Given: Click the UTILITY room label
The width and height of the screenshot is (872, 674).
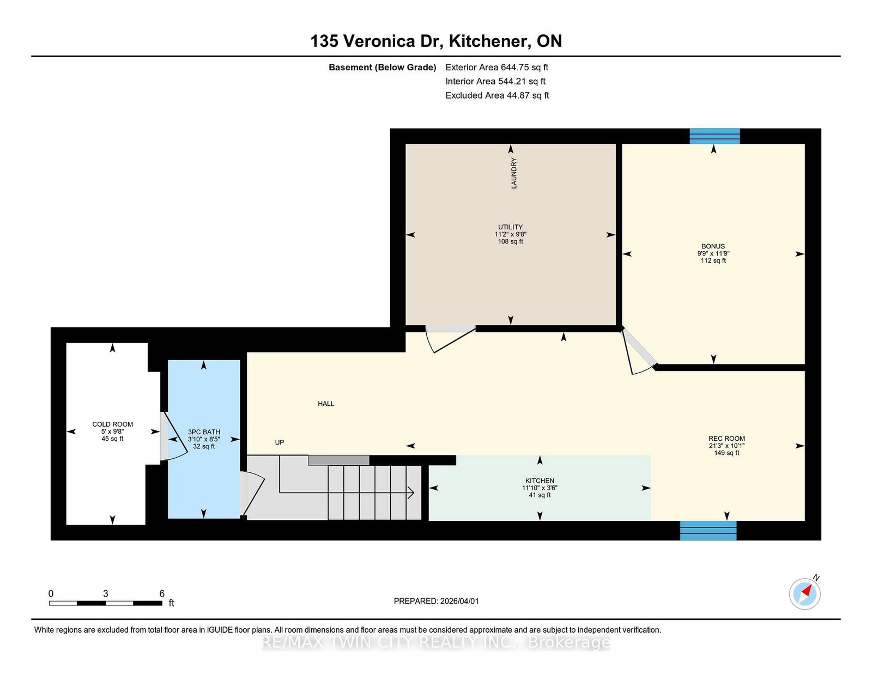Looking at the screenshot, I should (x=510, y=227).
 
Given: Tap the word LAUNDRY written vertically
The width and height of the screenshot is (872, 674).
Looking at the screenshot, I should (x=513, y=173).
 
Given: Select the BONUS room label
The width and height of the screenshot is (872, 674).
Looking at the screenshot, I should (x=713, y=246).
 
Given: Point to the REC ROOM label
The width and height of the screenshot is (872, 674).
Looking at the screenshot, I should (x=726, y=439).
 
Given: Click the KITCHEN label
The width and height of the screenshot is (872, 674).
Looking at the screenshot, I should (x=540, y=481).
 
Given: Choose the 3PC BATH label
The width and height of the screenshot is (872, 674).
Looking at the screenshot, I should (x=204, y=432).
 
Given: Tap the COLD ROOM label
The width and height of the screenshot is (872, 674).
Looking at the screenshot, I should (x=112, y=424).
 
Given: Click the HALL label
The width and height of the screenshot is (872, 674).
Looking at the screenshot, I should (x=326, y=404).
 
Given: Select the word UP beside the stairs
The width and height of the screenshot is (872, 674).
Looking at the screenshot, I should (x=280, y=442).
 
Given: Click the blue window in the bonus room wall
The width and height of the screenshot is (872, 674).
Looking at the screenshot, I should (x=714, y=136).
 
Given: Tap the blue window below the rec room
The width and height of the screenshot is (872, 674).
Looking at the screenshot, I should (x=708, y=530).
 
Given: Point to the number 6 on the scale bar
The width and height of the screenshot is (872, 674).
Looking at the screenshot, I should (x=162, y=593).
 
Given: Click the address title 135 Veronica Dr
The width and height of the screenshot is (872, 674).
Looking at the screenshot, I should (x=436, y=41).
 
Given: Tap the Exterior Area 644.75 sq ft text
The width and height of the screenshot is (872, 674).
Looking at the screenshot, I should (x=496, y=68).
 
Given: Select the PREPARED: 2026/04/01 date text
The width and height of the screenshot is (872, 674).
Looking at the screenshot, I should (x=436, y=601).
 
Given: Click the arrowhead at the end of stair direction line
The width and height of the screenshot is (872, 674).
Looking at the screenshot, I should (x=411, y=493).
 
